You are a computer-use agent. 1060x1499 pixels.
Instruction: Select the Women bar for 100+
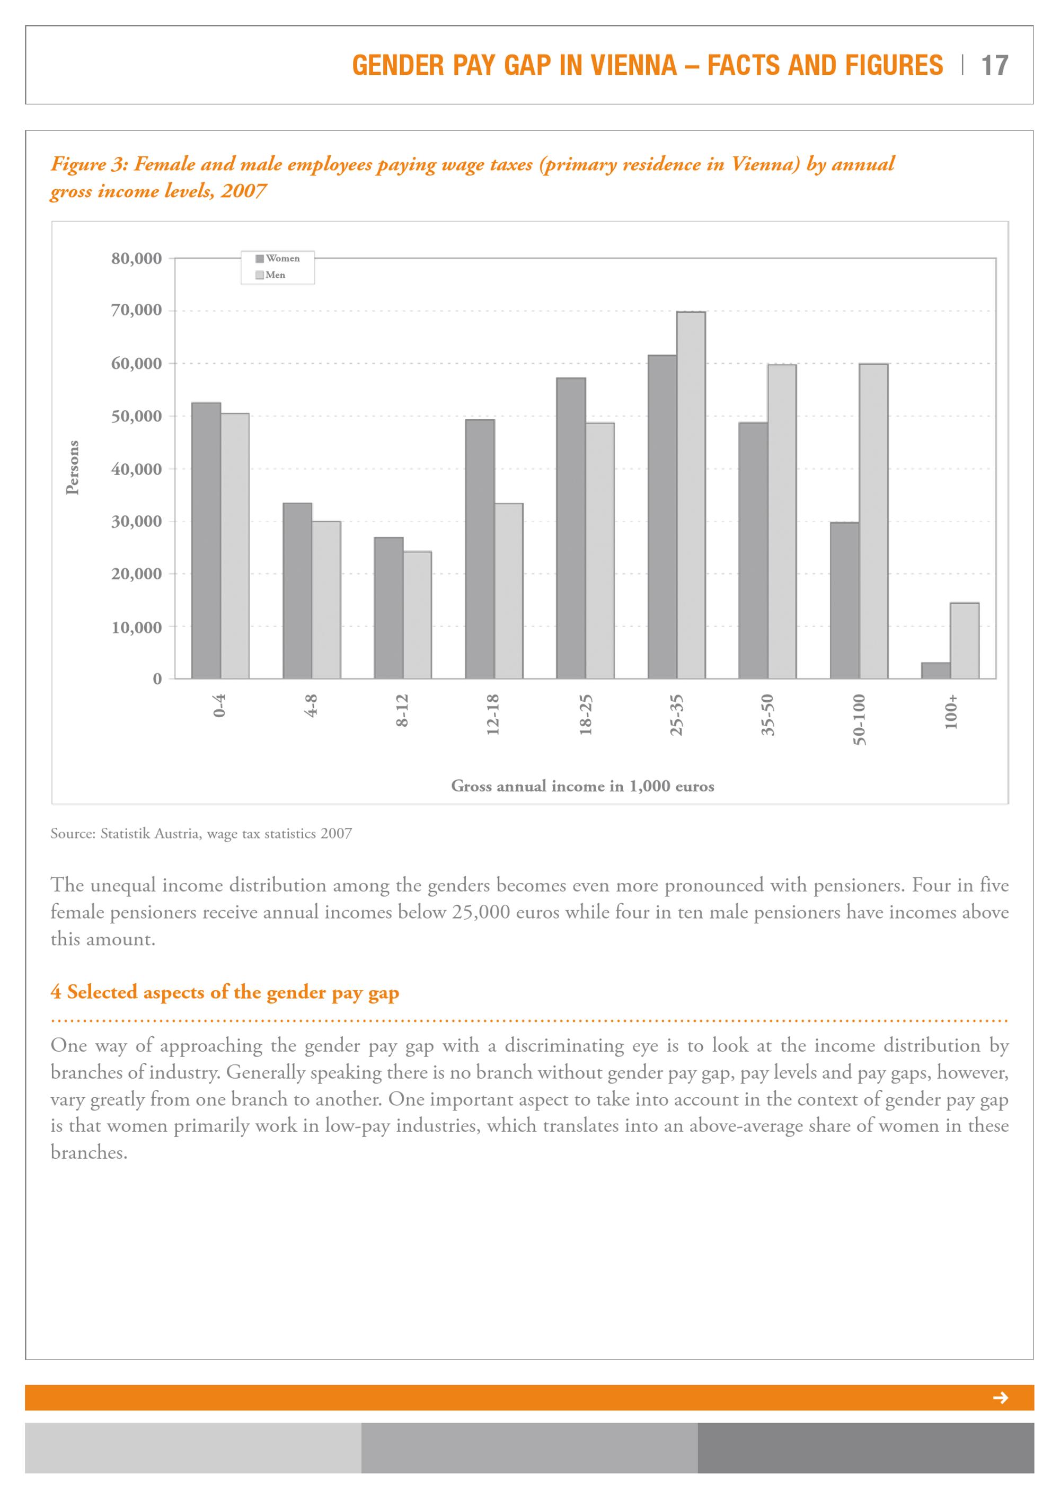(x=935, y=671)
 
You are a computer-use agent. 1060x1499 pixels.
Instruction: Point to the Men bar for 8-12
(x=417, y=615)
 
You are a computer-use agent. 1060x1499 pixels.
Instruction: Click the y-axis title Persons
(x=73, y=468)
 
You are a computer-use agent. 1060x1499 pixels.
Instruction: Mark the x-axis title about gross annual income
(x=582, y=786)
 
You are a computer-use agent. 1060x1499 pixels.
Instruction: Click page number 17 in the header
(x=995, y=65)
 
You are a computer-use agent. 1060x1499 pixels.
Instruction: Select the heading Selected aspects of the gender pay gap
(x=225, y=992)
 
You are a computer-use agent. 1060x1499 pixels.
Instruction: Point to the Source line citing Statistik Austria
(x=201, y=834)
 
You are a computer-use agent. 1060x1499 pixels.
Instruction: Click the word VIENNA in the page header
(x=631, y=65)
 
